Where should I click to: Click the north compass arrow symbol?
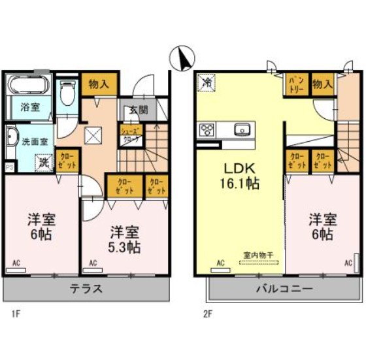click(x=182, y=59)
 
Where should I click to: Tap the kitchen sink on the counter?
click(x=242, y=128)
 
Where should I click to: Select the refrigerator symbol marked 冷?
click(x=207, y=83)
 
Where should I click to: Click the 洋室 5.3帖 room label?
click(x=124, y=239)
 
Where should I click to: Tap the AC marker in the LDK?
click(x=220, y=263)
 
